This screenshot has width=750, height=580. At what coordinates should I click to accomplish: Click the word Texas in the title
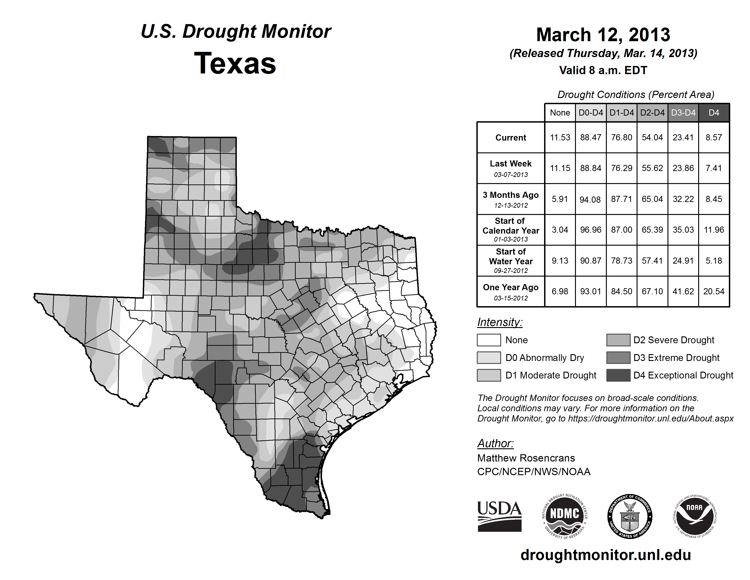click(x=235, y=63)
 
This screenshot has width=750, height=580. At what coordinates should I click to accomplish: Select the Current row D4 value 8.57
click(x=714, y=137)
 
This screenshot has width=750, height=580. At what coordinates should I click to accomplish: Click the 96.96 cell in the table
click(x=591, y=229)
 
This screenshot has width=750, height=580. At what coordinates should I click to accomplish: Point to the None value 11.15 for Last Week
click(x=560, y=168)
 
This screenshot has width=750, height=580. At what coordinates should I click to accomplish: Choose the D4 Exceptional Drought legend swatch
click(x=618, y=375)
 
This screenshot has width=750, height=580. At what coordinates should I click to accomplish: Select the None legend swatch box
click(x=489, y=340)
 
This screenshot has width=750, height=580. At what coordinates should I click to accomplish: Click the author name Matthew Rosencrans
click(x=526, y=458)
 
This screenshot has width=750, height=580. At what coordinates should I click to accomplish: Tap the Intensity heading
click(x=500, y=322)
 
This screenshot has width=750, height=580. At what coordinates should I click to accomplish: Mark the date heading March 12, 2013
click(x=603, y=35)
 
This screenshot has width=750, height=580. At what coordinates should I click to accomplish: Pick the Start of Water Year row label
click(x=511, y=260)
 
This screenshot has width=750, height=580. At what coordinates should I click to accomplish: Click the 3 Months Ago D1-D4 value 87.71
click(x=622, y=199)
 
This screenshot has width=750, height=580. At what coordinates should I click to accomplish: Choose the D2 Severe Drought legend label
click(x=673, y=340)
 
